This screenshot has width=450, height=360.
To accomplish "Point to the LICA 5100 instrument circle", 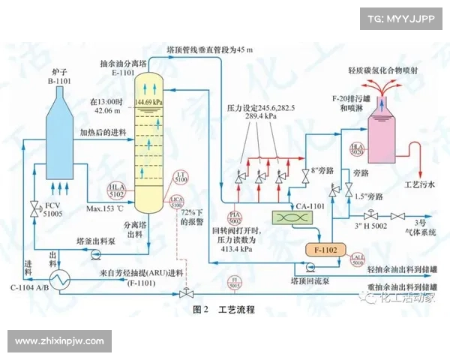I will point(177,201).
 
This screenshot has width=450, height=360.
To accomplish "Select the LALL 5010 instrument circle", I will point(356,260).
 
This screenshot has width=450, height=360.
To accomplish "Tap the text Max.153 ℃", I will point(104,208).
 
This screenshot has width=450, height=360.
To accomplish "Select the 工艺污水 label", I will point(411,183).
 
